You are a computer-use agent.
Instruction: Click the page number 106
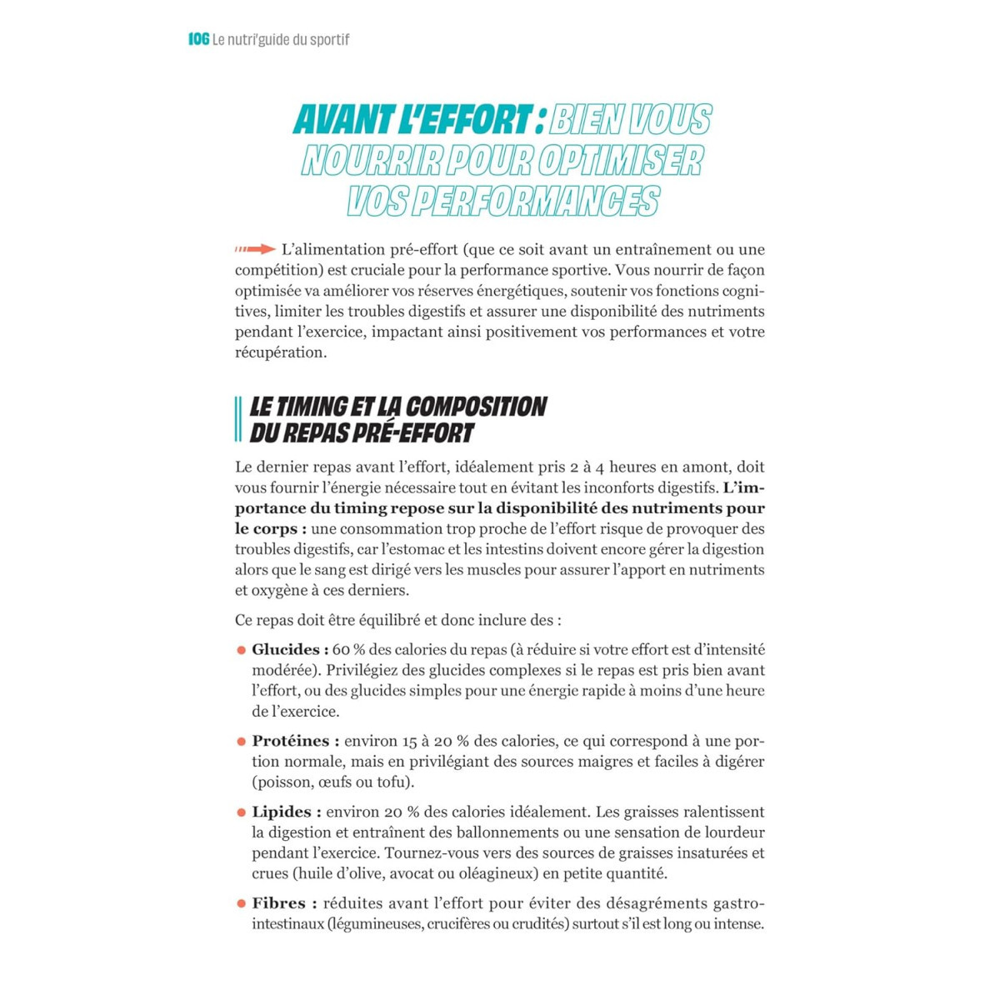[x=198, y=39]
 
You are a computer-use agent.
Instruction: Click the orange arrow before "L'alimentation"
[x=255, y=249]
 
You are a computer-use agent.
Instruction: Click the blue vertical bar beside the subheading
[x=238, y=419]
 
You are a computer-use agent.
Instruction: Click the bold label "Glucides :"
[x=290, y=650]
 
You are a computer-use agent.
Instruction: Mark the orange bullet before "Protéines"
[x=242, y=742]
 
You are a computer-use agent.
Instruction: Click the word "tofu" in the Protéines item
[x=394, y=782]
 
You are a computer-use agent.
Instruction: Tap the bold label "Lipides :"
[x=287, y=812]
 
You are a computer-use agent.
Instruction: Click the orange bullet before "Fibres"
[x=242, y=904]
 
